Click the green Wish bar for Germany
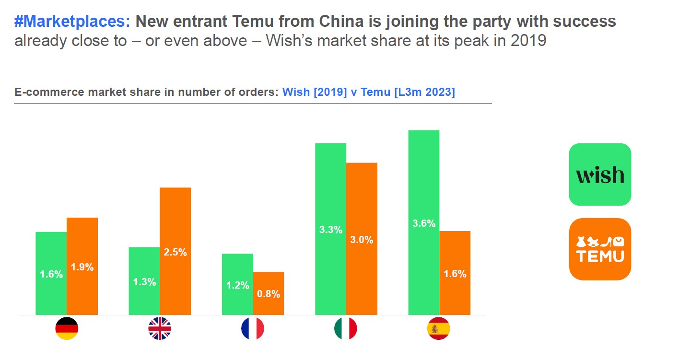pos(51,273)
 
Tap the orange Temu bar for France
pos(269,293)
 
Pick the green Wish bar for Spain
pos(423,222)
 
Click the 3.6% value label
pos(424,223)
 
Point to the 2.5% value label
pos(175,252)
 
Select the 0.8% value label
pos(269,294)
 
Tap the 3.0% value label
pos(362,240)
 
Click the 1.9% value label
pos(82,267)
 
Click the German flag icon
pos(67,328)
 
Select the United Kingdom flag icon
pos(160,328)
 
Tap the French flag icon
pos(253,328)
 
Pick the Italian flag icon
pos(346,328)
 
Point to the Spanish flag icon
pos(438,328)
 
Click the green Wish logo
pos(600,174)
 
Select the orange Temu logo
pos(600,249)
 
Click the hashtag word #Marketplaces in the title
pos(72,22)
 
